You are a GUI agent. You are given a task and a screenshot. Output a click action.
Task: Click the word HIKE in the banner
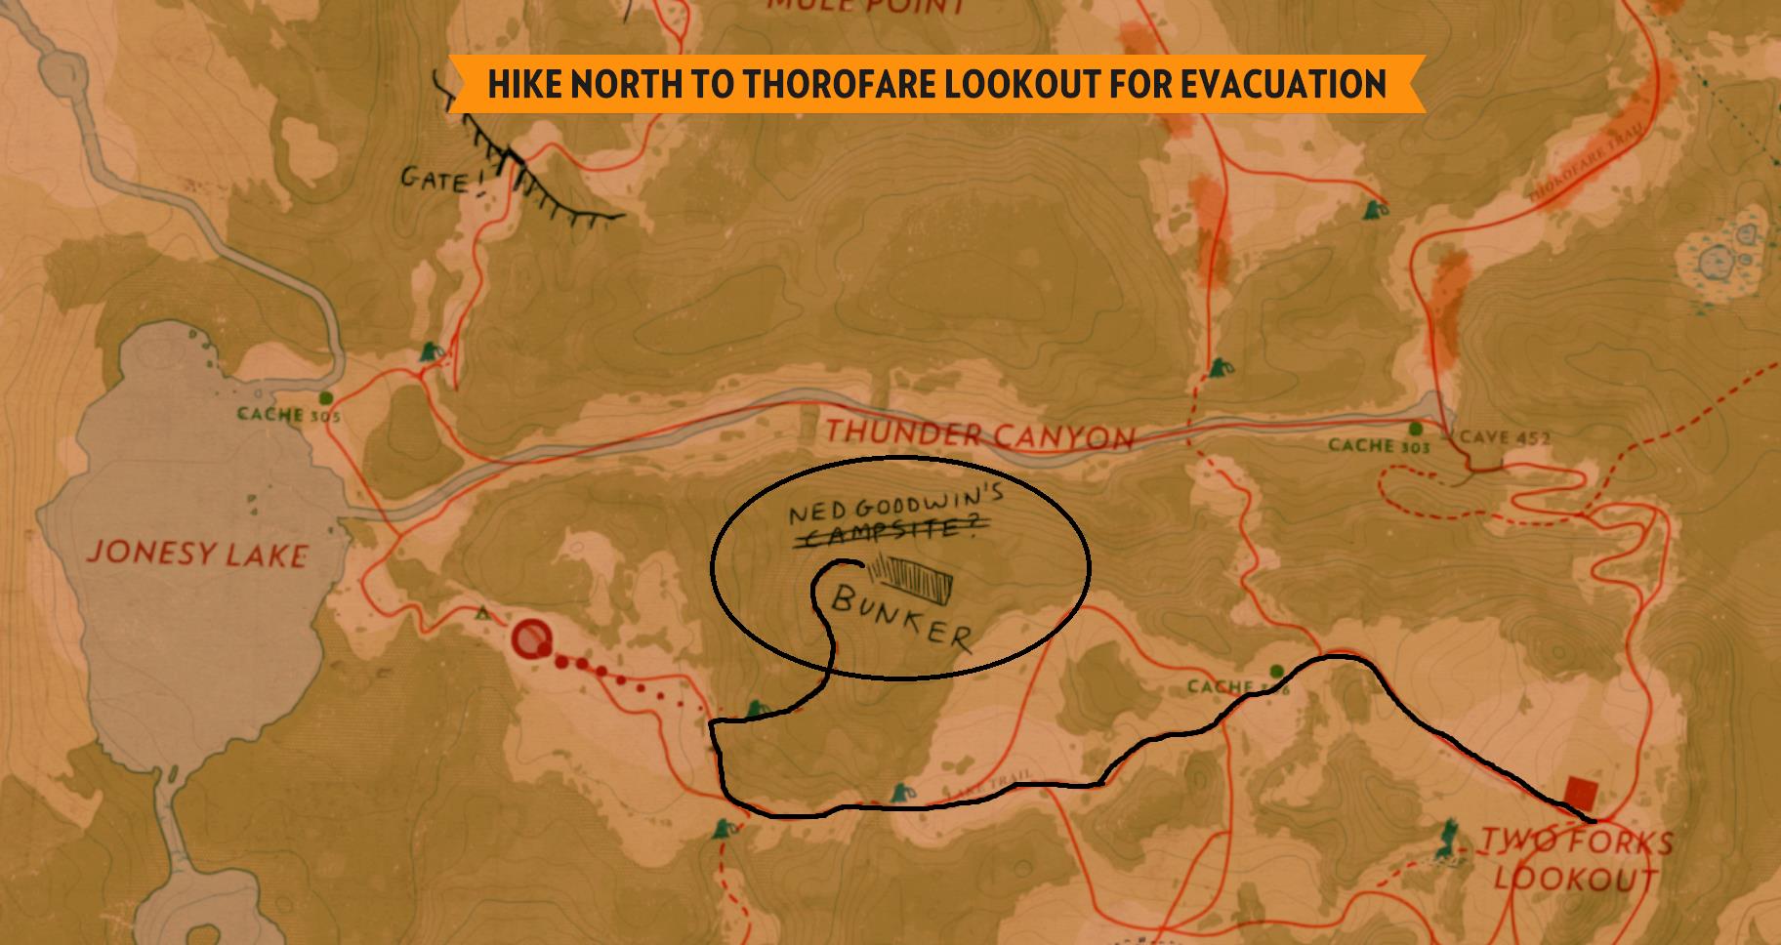525,84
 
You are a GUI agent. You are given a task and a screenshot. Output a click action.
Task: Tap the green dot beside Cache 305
326,397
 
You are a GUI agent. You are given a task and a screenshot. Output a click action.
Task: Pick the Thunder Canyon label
979,433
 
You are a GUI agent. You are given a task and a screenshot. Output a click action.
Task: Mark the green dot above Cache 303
1416,429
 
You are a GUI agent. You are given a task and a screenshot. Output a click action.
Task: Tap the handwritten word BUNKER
901,617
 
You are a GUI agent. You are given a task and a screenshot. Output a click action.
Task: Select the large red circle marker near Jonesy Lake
531,639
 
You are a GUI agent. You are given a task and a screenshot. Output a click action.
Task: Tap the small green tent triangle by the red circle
481,614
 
